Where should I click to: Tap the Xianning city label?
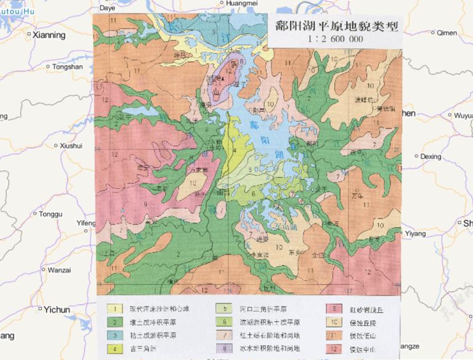48,35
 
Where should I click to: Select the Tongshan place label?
67,66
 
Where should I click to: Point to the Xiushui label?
71,146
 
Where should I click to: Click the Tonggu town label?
51,214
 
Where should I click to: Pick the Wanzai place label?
59,270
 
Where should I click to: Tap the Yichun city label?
58,310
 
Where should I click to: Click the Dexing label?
431,157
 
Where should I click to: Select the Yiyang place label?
415,233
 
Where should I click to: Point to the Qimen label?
447,33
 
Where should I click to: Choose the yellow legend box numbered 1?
115,309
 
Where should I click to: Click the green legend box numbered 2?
115,322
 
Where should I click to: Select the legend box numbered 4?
115,348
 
